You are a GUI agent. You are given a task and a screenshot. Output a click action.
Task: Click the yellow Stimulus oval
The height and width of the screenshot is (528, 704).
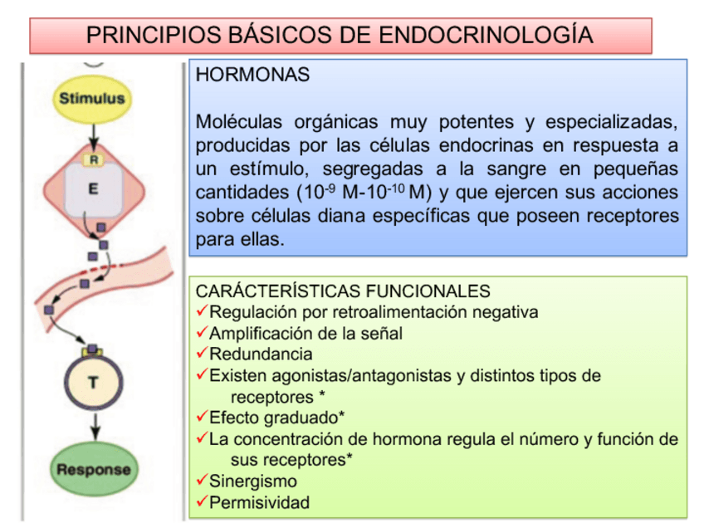(x=91, y=98)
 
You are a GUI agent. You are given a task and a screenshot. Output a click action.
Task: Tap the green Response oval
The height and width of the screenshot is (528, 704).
(x=94, y=469)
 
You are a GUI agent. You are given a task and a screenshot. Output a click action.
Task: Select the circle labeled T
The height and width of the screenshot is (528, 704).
(x=93, y=383)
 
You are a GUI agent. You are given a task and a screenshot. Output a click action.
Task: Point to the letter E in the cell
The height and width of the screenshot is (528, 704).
(x=93, y=189)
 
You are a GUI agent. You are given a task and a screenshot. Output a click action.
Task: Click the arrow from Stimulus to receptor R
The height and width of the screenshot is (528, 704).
(x=93, y=132)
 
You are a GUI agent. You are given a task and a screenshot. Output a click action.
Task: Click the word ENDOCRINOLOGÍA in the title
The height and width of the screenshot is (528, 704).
(x=486, y=35)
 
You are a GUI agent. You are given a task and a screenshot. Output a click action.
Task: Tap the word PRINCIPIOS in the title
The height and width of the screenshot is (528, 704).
(x=152, y=35)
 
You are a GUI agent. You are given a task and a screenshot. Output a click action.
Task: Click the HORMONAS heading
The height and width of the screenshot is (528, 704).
(x=252, y=75)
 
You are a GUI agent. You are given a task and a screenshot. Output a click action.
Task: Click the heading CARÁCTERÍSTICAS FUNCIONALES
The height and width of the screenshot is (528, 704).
(x=343, y=291)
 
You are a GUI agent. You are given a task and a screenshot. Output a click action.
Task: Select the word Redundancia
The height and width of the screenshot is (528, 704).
(x=261, y=354)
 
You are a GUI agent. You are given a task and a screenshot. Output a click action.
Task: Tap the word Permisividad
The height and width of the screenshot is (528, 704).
(x=259, y=502)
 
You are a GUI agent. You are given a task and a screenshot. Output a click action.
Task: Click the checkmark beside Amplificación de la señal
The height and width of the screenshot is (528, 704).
(x=202, y=333)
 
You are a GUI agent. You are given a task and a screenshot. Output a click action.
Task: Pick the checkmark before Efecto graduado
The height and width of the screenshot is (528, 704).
(x=202, y=417)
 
